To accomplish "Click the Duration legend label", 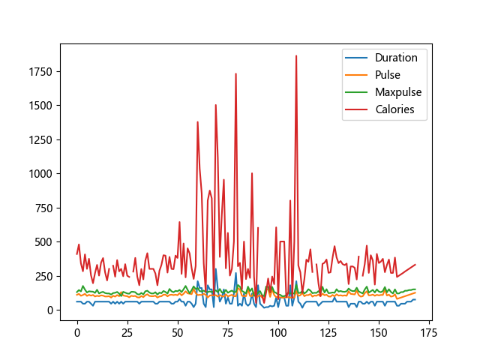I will point(397,57).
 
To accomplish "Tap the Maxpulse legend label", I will point(398,92).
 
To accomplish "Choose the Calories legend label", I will point(395,110).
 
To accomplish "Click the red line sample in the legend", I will point(355,110).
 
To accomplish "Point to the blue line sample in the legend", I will point(355,57).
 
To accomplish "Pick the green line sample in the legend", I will point(355,92).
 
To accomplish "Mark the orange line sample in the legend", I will point(355,75).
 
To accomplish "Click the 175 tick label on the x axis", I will point(429,329).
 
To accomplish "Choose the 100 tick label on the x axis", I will point(278,329).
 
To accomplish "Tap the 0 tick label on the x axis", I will point(77,329).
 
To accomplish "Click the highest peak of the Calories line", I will point(296,55).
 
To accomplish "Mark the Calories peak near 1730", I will point(235,73).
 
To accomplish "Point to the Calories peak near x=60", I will point(198,121).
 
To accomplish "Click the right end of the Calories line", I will point(415,265).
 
